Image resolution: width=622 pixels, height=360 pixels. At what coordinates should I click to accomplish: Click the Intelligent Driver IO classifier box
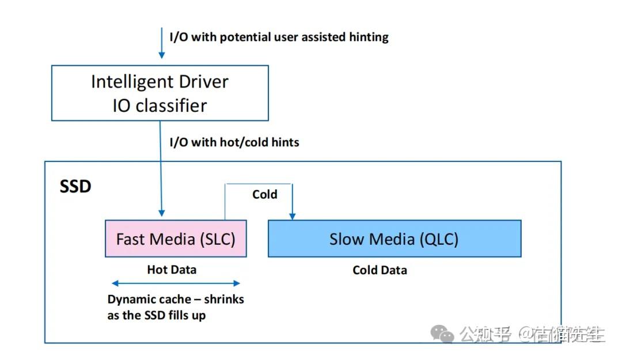click(x=160, y=93)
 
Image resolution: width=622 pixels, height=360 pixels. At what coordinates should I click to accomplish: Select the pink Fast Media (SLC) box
click(x=176, y=238)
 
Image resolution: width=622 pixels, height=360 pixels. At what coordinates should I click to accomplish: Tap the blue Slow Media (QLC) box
click(x=394, y=238)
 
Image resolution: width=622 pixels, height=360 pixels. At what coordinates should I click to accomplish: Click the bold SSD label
click(x=75, y=187)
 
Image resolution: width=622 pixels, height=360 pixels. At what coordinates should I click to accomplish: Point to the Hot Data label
click(x=172, y=270)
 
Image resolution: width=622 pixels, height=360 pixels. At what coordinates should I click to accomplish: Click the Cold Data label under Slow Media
click(x=380, y=270)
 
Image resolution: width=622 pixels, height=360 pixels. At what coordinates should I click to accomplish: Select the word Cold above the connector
click(x=264, y=195)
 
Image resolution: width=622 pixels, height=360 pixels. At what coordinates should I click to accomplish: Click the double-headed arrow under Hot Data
click(x=176, y=283)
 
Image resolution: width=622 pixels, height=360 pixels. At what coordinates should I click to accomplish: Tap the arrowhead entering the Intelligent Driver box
click(x=162, y=55)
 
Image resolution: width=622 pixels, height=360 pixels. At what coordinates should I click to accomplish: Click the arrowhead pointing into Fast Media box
click(x=162, y=213)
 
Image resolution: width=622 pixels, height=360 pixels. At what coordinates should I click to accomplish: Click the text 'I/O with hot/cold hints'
click(x=234, y=142)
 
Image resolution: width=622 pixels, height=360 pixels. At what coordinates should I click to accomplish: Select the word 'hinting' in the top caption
click(x=369, y=37)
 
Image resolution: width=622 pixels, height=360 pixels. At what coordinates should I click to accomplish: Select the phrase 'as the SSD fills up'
click(x=157, y=315)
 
